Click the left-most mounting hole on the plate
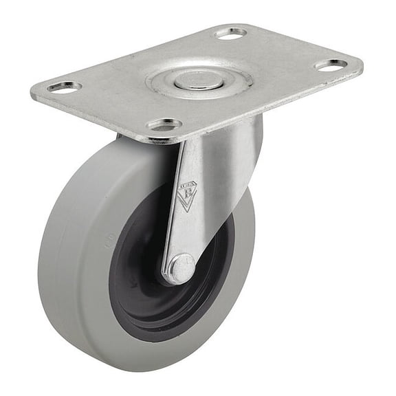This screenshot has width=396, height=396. coord(65,87)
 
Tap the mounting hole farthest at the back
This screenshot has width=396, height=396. coord(230,32)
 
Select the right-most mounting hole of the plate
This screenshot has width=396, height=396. coord(331,65)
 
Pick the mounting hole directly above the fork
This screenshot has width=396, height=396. coord(164,124)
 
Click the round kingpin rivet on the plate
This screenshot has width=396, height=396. coord(199,80)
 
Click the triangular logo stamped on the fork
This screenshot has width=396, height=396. coord(186,196)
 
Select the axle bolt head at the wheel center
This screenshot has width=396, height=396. coord(179,268)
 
